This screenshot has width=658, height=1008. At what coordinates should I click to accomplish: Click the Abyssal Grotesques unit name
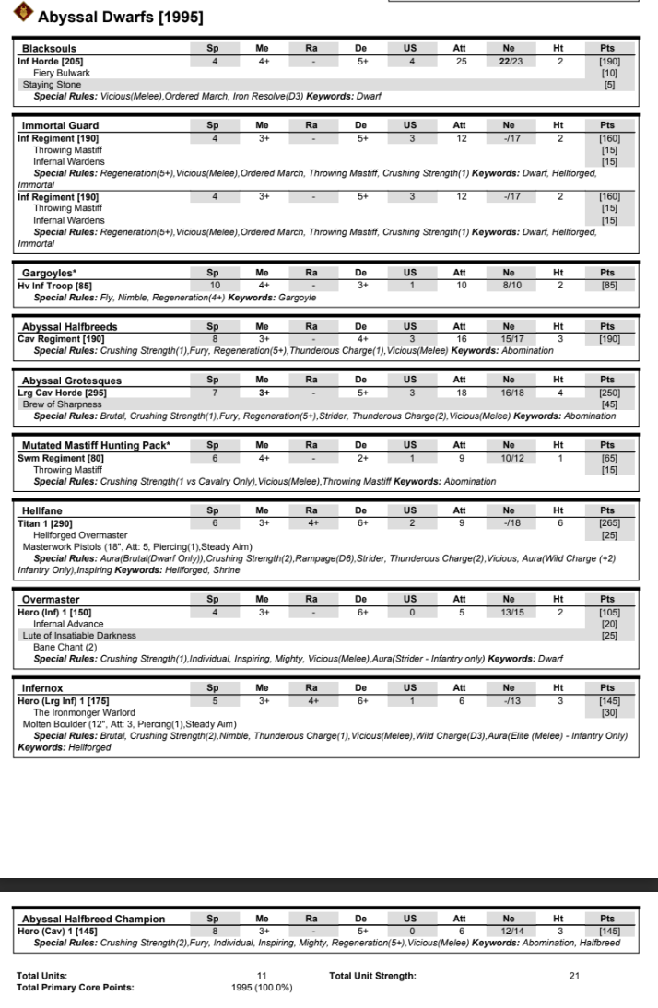[72, 380]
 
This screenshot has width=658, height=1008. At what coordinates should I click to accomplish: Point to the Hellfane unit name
[43, 510]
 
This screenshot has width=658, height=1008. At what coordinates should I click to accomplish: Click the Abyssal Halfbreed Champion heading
[93, 919]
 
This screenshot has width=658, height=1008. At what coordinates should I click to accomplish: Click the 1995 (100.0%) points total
[261, 987]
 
